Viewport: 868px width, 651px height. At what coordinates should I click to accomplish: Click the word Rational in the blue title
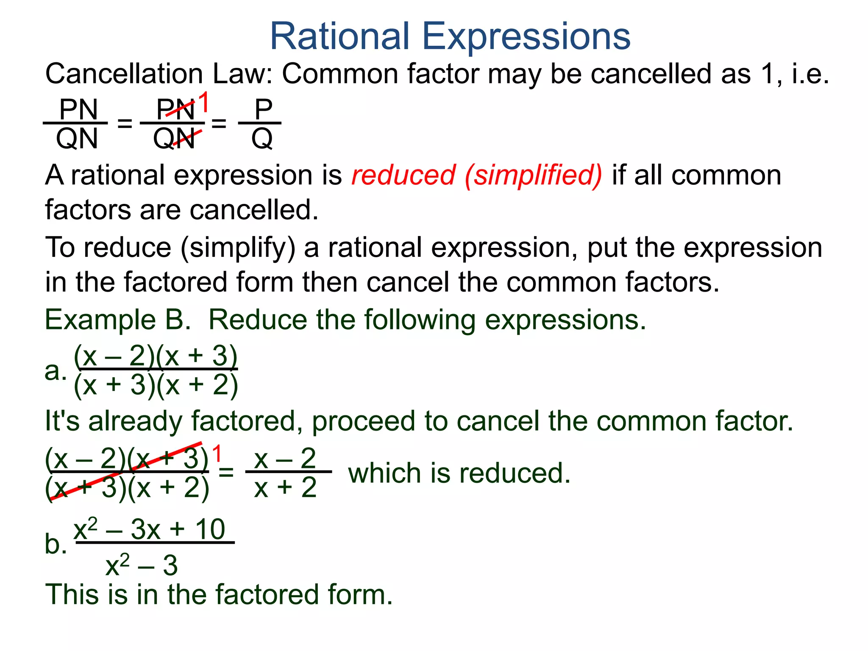(x=339, y=36)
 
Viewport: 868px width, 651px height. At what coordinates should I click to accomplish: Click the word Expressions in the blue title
(x=526, y=37)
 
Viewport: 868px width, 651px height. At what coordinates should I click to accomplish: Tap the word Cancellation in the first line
(x=124, y=74)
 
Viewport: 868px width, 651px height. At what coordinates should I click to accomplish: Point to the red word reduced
(x=403, y=175)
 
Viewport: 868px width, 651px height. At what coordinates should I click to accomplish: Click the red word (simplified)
(x=533, y=176)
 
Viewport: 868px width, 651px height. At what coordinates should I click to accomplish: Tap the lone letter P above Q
(x=263, y=109)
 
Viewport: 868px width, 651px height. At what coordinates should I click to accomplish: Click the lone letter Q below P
(x=262, y=139)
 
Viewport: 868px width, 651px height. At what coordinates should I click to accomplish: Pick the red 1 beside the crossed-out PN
(x=204, y=102)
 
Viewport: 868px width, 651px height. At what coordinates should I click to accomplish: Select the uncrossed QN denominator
(x=77, y=139)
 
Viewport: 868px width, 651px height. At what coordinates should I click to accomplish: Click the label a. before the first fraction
(x=56, y=371)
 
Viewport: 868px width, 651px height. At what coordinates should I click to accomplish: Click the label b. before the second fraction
(x=56, y=544)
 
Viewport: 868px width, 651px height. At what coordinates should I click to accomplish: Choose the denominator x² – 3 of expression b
(x=142, y=565)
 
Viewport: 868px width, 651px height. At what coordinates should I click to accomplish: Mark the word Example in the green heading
(x=100, y=320)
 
